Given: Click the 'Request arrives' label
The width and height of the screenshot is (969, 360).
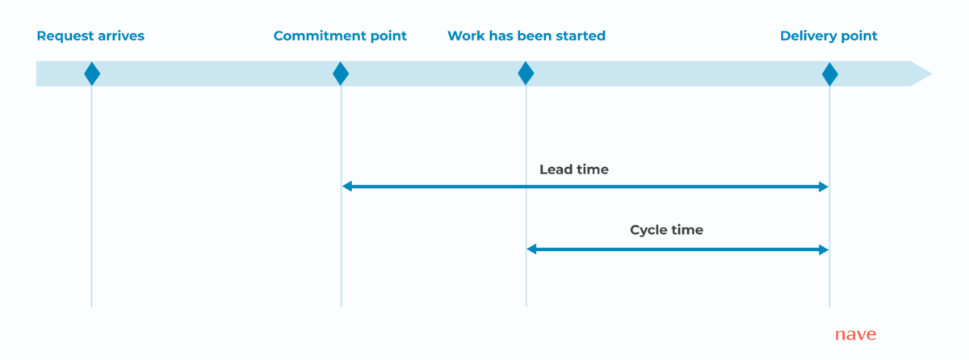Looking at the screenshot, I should [x=90, y=36].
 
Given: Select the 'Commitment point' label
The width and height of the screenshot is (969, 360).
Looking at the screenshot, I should [x=340, y=36].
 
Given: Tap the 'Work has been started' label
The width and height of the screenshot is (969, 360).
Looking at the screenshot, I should [x=526, y=36].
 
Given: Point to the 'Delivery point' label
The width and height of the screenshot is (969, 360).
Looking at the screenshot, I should [x=828, y=36].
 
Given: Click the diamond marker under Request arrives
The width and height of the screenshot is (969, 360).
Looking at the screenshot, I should [x=92, y=73].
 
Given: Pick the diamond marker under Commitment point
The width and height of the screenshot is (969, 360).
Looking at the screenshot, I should [x=341, y=73].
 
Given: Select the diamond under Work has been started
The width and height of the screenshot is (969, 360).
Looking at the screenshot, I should [x=526, y=73].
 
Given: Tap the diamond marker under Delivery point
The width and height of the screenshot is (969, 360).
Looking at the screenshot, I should [x=829, y=73].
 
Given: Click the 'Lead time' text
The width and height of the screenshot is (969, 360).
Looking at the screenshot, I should [x=573, y=170].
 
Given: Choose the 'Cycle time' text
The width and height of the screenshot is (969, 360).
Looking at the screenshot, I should [x=666, y=230].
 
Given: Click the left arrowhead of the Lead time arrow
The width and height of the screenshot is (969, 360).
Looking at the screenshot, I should [x=347, y=186].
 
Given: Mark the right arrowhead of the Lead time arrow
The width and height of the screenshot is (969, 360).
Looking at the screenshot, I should [x=824, y=186].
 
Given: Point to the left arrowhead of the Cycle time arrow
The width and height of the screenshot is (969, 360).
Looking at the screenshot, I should [x=532, y=249].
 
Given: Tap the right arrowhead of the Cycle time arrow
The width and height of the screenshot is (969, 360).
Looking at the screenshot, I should [x=824, y=249].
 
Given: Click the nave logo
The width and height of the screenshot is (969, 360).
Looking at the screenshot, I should [x=855, y=335].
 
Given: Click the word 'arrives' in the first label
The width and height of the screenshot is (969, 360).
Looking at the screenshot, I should [x=120, y=36].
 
